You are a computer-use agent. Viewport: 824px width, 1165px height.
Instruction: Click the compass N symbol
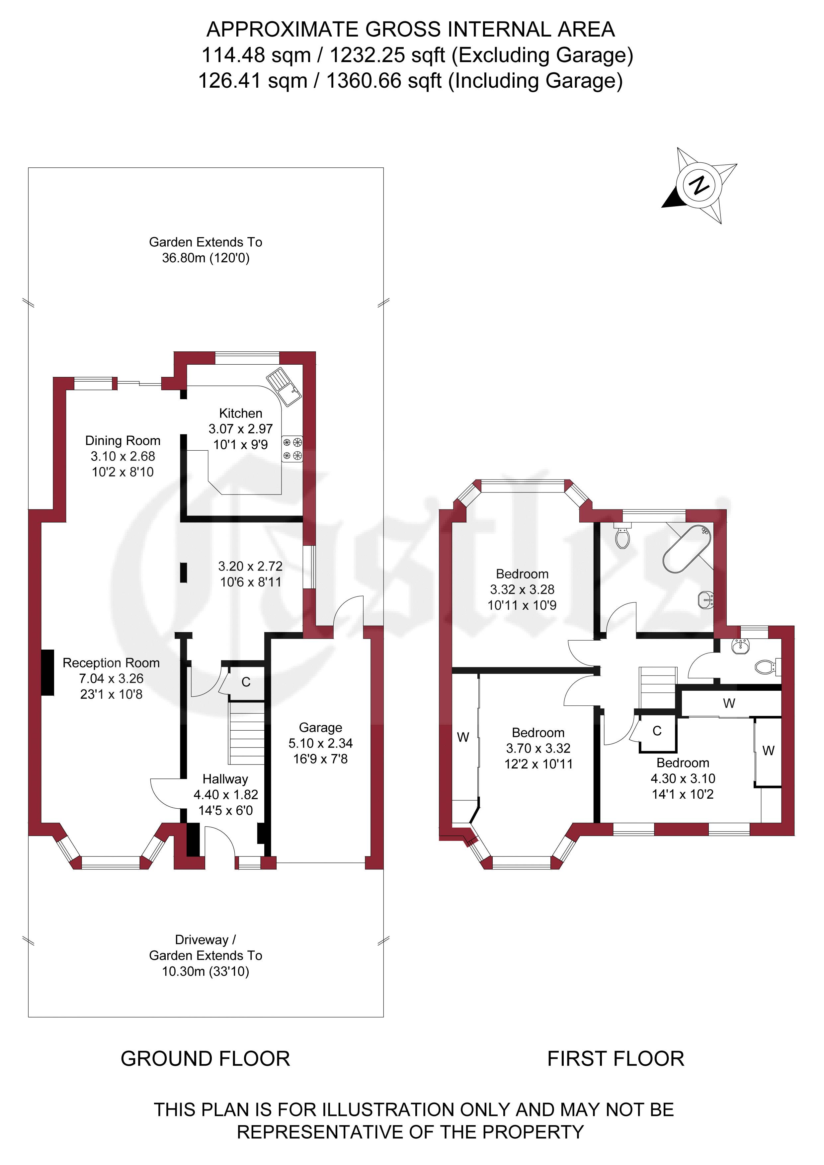[700, 185]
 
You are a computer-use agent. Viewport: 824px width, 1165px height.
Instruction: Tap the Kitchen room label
[240, 413]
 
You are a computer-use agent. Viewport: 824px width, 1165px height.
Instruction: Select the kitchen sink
[284, 386]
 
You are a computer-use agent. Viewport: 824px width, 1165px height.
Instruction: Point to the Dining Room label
[123, 440]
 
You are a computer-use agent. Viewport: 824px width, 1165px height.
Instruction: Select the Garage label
[321, 728]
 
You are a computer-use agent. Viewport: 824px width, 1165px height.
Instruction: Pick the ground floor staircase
[247, 733]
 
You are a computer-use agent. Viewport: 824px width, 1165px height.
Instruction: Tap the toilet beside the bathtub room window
[622, 537]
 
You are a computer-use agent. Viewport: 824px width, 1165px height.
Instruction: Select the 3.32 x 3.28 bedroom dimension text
[522, 589]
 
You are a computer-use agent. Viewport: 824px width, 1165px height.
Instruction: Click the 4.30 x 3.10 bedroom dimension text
[683, 778]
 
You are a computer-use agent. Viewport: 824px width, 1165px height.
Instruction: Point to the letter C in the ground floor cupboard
[246, 682]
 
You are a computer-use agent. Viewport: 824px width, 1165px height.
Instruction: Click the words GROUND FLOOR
[206, 1059]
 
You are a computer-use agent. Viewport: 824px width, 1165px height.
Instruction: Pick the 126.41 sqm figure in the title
[253, 81]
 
